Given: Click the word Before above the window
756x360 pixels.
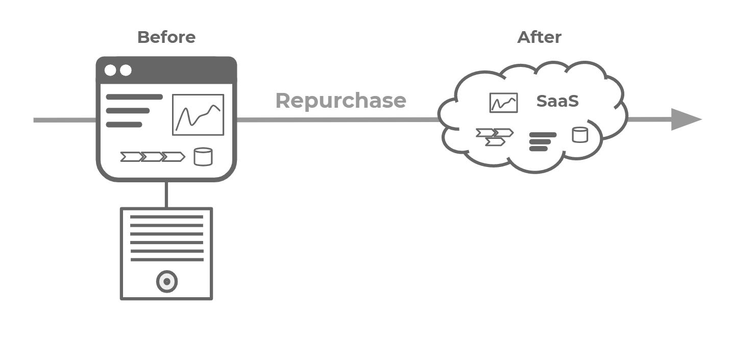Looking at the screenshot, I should (166, 37).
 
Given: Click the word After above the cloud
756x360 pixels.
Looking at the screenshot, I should (539, 37).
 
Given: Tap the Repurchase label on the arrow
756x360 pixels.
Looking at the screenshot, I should (340, 101).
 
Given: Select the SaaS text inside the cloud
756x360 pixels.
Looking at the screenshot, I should (557, 101).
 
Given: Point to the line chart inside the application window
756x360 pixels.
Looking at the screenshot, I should (198, 115).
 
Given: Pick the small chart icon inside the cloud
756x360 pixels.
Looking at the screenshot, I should (503, 103).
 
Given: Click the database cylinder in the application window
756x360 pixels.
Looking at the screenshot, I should (203, 157).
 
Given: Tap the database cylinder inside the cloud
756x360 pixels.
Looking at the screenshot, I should (580, 135).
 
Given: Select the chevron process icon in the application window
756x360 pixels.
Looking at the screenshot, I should (152, 157).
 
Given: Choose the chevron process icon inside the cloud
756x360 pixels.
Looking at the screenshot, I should (494, 137).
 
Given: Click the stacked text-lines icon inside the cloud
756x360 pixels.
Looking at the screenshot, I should (542, 142).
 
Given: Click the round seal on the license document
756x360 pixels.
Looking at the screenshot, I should (166, 281).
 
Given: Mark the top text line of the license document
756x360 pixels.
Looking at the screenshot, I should (166, 217).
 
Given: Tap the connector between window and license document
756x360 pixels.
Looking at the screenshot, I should (166, 194).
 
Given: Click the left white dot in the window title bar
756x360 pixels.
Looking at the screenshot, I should (110, 70).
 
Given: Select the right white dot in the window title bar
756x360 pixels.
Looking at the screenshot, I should (126, 70).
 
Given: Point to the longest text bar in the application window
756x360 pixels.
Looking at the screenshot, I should (134, 97).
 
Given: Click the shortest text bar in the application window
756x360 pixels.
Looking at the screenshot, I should (124, 125).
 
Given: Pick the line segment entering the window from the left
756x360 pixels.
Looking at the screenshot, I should (65, 121).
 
